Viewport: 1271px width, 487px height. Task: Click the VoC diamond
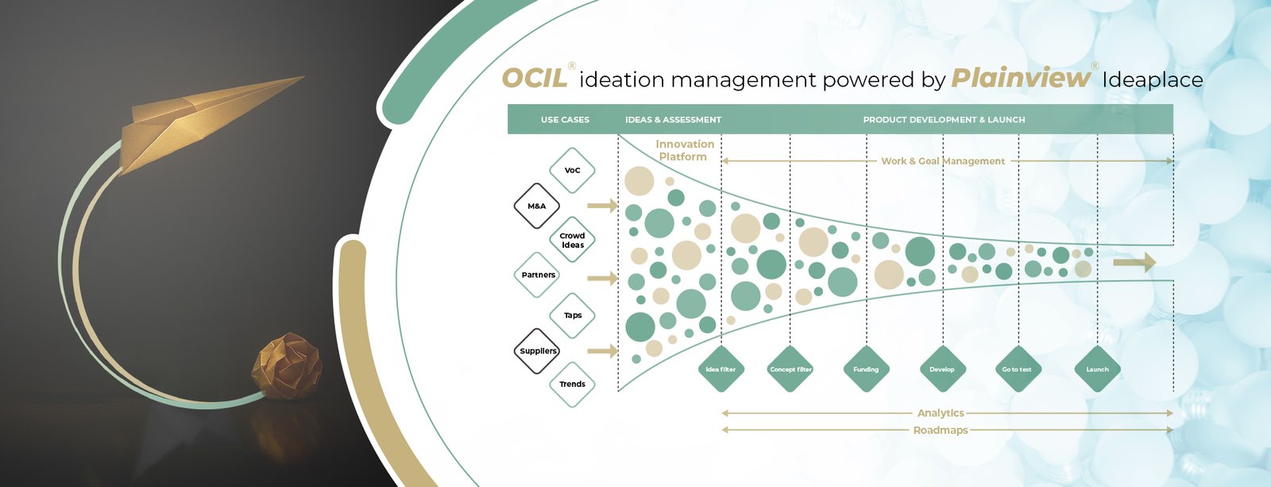click(572, 170)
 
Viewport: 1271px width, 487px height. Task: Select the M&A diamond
click(537, 206)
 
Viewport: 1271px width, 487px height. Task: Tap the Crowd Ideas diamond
click(572, 240)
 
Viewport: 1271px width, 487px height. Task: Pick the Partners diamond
click(538, 275)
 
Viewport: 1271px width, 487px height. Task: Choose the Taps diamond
click(572, 315)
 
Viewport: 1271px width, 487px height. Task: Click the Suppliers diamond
click(538, 350)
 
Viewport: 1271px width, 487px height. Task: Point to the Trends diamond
click(572, 385)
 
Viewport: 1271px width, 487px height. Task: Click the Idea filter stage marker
click(720, 369)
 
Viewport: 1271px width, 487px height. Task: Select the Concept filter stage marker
click(790, 369)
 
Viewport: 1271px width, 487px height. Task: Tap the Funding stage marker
click(866, 369)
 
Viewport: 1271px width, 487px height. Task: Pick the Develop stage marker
click(942, 369)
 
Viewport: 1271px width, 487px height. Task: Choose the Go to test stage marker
click(1017, 369)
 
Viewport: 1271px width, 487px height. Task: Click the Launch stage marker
click(1097, 369)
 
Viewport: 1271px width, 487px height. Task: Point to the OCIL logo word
click(535, 79)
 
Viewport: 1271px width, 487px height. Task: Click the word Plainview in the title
click(1021, 78)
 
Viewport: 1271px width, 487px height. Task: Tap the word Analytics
click(941, 413)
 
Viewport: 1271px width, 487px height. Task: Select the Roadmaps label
click(941, 431)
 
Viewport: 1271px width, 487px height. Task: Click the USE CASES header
click(565, 120)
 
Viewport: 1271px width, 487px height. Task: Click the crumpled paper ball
click(287, 365)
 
